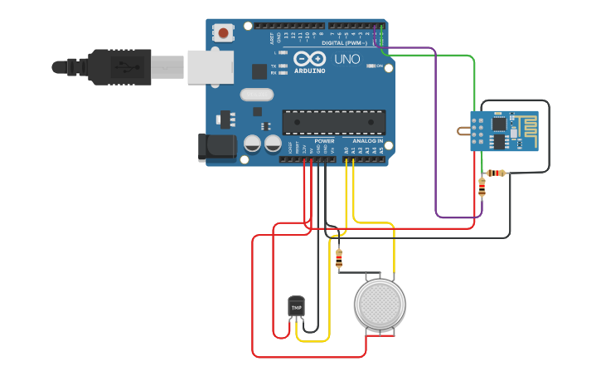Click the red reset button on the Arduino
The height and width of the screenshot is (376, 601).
pos(223,33)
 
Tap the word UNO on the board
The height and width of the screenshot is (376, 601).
pos(347,59)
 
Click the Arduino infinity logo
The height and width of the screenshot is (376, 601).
pos(309,59)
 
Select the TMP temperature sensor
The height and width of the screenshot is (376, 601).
pos(296,307)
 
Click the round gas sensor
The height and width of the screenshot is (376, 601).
pos(380,304)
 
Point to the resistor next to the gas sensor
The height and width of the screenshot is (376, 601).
pos(338,259)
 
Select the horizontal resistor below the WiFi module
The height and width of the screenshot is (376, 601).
pos(496,173)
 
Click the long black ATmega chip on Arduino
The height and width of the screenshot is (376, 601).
pos(333,122)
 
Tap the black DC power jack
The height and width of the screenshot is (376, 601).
pos(212,148)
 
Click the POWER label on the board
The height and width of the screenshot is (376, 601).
pos(324,141)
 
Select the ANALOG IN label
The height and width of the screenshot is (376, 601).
pos(366,141)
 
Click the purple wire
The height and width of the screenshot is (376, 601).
pos(436,133)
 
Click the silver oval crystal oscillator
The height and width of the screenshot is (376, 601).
pos(256,94)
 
